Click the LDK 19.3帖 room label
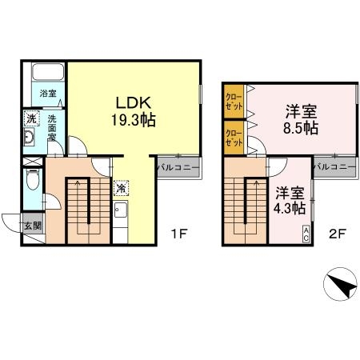pyautogui.click(x=134, y=111)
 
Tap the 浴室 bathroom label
pyautogui.click(x=48, y=94)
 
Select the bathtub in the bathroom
pyautogui.click(x=48, y=71)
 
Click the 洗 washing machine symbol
pyautogui.click(x=31, y=118)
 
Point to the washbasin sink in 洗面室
pyautogui.click(x=29, y=137)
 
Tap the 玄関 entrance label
pyautogui.click(x=33, y=226)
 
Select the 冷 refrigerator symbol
pyautogui.click(x=121, y=188)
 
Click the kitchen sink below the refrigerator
pyautogui.click(x=121, y=210)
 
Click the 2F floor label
pyautogui.click(x=338, y=234)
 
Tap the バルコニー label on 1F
pyautogui.click(x=178, y=167)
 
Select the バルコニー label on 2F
pyautogui.click(x=334, y=167)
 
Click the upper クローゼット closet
pyautogui.click(x=234, y=102)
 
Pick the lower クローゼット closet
pyautogui.click(x=234, y=138)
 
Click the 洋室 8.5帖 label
pyautogui.click(x=301, y=120)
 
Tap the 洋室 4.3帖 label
pyautogui.click(x=290, y=201)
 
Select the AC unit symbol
pyautogui.click(x=306, y=234)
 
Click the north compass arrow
pyautogui.click(x=342, y=286)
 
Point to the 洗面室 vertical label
pyautogui.click(x=52, y=128)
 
